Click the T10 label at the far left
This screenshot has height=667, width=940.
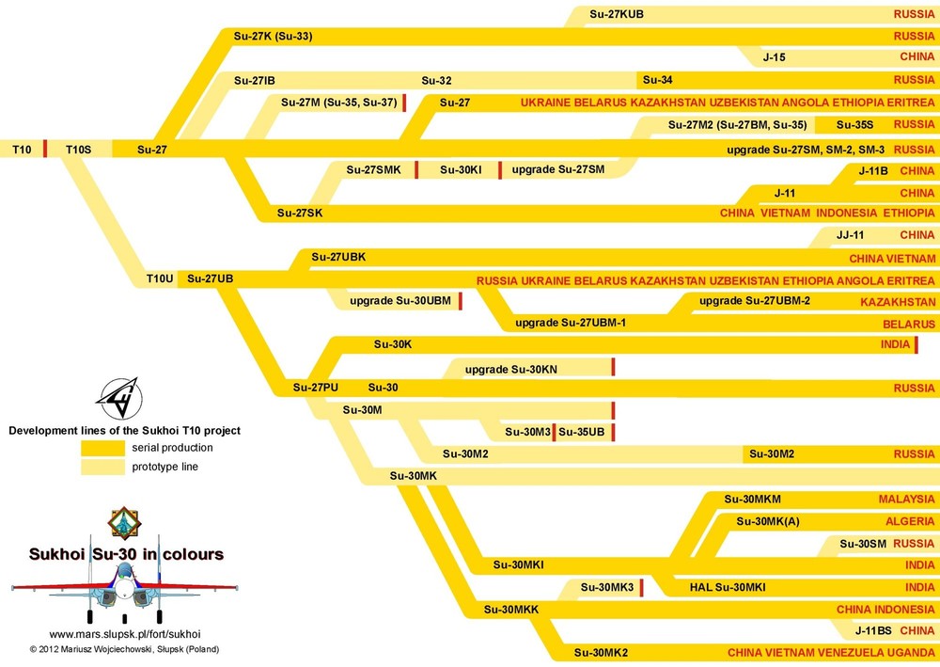pyautogui.click(x=21, y=149)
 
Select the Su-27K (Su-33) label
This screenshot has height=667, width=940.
pyautogui.click(x=273, y=37)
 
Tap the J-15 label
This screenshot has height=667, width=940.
pyautogui.click(x=774, y=57)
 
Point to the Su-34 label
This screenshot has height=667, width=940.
pyautogui.click(x=657, y=80)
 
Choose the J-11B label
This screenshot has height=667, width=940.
pyautogui.click(x=873, y=171)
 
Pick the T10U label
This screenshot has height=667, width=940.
pyautogui.click(x=160, y=278)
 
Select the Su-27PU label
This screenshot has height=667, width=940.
pyautogui.click(x=315, y=388)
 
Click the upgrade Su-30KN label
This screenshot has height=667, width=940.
pyautogui.click(x=511, y=369)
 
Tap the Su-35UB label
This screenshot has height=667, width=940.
pyautogui.click(x=583, y=432)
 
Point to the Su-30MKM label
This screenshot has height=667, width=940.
pyautogui.click(x=753, y=499)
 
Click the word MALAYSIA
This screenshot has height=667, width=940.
pyautogui.click(x=906, y=499)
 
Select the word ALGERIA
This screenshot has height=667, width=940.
pyautogui.click(x=910, y=521)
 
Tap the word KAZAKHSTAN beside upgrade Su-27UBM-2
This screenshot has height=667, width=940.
pyautogui.click(x=898, y=302)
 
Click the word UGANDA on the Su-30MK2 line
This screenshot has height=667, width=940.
pyautogui.click(x=910, y=652)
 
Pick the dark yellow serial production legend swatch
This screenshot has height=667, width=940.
pyautogui.click(x=102, y=448)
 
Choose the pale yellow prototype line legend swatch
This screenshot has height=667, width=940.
pyautogui.click(x=102, y=467)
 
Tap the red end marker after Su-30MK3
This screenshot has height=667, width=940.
pyautogui.click(x=641, y=588)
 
